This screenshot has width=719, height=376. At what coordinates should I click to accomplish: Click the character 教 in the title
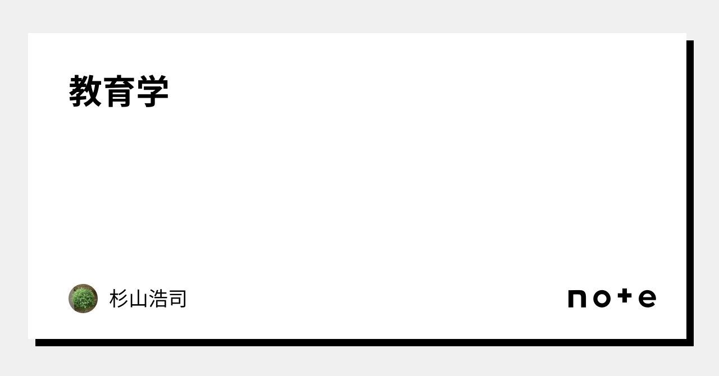[x=85, y=91]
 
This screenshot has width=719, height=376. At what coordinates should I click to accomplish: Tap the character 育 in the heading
[x=119, y=91]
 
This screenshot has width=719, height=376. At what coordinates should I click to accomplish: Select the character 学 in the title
[x=152, y=91]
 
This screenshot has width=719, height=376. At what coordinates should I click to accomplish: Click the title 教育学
[x=119, y=91]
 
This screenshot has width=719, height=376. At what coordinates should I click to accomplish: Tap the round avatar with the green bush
[x=83, y=299]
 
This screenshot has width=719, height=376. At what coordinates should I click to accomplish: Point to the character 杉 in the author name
[x=119, y=299]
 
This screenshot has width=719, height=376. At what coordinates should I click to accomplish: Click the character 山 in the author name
[x=138, y=299]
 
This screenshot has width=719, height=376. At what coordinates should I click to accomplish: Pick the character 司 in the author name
[x=177, y=299]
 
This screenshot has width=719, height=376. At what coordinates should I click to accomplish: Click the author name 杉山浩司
[x=148, y=299]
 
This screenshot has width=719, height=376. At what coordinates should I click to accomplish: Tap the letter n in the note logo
[x=577, y=299]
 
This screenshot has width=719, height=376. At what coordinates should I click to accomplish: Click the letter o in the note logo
[x=602, y=299]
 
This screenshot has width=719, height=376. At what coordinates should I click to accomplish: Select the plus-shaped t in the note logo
[x=625, y=296]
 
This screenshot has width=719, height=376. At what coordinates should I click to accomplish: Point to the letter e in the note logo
[x=648, y=299]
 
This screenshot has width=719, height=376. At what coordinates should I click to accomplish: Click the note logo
[x=612, y=298]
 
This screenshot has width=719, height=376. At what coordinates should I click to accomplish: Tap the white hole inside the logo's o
[x=602, y=299]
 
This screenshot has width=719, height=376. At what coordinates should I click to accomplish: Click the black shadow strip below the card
[x=365, y=343]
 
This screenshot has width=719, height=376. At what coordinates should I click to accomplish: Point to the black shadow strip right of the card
[x=690, y=193]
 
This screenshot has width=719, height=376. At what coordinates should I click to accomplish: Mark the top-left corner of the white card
[x=28, y=33]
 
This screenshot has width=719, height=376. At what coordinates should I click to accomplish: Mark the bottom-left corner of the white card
[x=28, y=339]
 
